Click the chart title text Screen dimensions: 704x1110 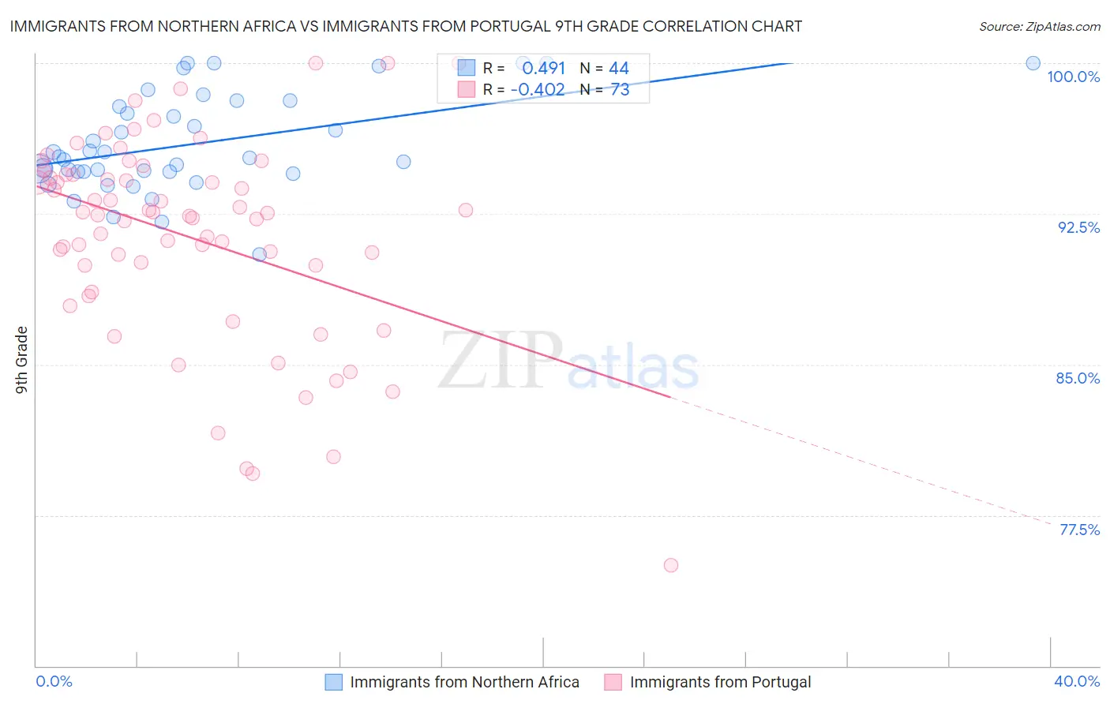coord(406,26)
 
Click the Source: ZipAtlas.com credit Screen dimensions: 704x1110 coord(1039,26)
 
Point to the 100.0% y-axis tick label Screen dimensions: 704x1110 coord(1073,77)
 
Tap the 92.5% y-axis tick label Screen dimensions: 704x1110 coord(1078,227)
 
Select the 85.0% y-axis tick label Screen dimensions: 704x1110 coord(1078,378)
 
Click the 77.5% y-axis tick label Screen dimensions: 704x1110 coord(1078,530)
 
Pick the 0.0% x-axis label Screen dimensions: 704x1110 coord(54,681)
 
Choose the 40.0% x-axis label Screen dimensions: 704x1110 coord(1077,681)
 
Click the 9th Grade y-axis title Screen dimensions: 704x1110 coord(22,360)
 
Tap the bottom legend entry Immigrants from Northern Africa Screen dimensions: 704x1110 coord(464,682)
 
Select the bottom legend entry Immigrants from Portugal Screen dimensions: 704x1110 coord(720,682)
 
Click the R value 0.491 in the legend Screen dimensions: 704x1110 coord(543,69)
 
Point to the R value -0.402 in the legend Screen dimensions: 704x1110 coord(538,90)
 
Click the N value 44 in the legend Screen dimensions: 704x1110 coord(619,69)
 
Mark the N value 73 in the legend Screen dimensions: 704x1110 coord(620,90)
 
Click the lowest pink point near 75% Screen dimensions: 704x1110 coord(671,565)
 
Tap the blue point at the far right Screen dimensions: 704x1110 coord(1033,63)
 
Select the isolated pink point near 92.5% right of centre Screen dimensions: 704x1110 coord(466,210)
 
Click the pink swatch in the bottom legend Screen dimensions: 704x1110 coord(613,682)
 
